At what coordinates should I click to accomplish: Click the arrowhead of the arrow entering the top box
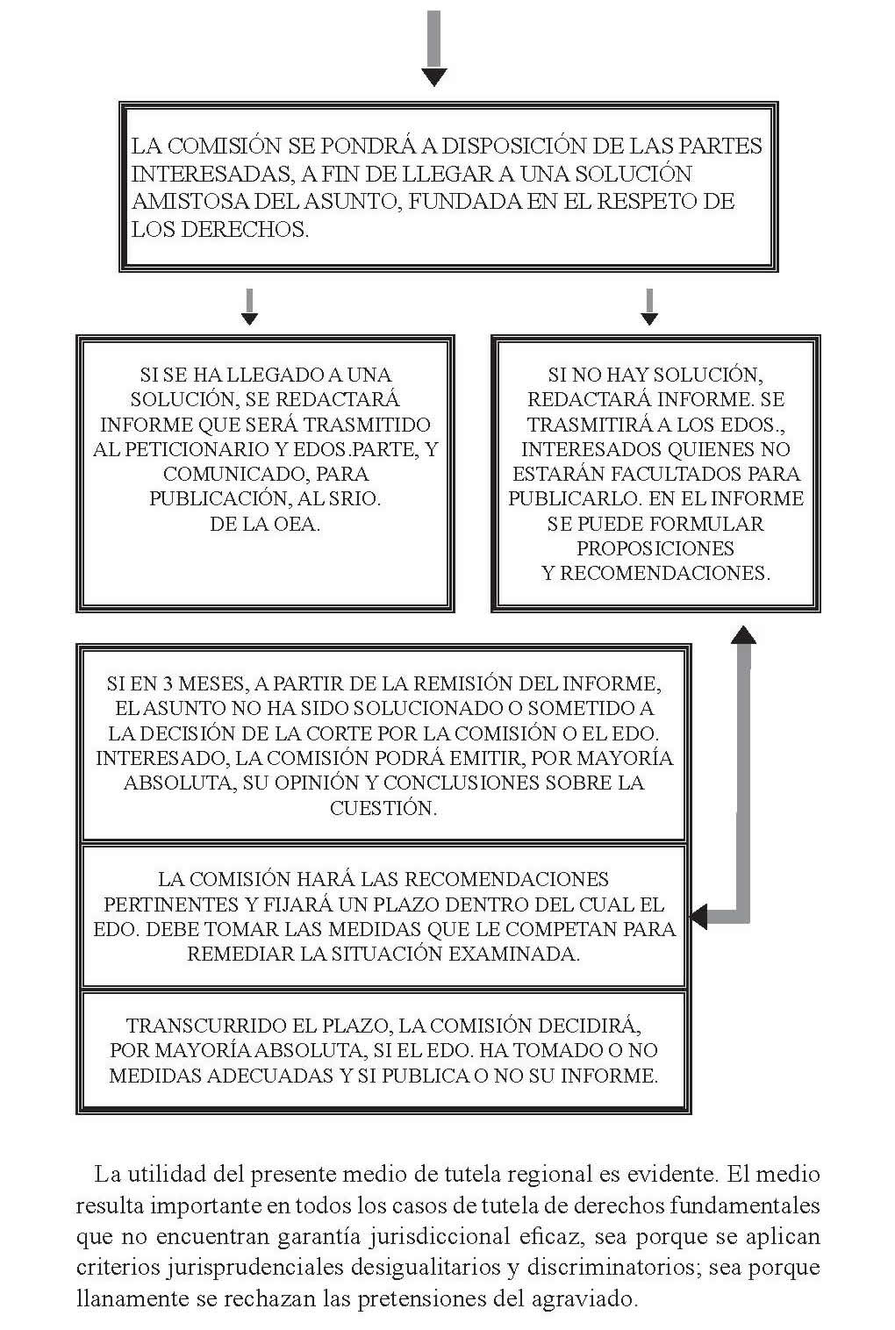pos(434,76)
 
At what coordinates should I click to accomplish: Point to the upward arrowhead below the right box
pos(743,634)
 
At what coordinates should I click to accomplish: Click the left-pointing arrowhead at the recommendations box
pos(699,917)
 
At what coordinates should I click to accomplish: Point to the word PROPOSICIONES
pos(655,548)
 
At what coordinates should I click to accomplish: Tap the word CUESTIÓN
pos(383,807)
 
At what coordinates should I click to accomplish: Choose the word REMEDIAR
pos(240,954)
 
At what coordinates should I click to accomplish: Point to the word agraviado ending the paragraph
pos(584,1298)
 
